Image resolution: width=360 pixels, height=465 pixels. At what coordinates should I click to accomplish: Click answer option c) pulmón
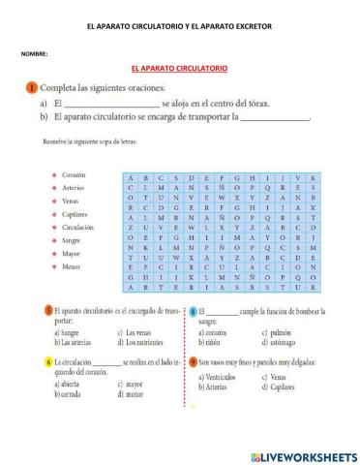coord(278,332)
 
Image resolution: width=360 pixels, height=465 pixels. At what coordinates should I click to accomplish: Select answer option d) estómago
coord(282,341)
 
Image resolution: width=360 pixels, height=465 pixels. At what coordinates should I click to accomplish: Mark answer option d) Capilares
coord(282,384)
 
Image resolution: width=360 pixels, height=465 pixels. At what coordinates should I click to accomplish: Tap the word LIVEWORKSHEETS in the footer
coord(307,454)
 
